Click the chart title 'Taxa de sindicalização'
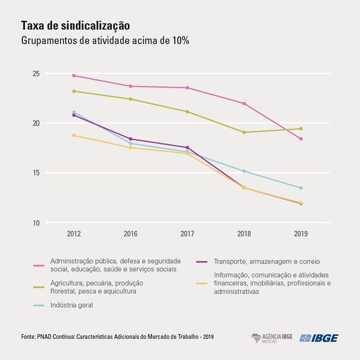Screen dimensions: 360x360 [x=75, y=26]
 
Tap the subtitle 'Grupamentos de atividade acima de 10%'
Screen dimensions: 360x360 [x=105, y=41]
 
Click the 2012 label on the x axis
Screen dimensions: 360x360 [x=74, y=234]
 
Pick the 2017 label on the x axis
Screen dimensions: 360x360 [x=187, y=234]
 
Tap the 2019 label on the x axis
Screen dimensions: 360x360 [x=301, y=234]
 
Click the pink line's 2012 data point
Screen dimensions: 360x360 [x=74, y=76]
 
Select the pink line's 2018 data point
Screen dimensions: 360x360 [x=244, y=103]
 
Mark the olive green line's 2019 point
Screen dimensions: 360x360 [x=301, y=129]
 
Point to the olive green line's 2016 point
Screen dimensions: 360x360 [x=130, y=99]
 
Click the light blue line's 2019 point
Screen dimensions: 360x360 [x=301, y=188]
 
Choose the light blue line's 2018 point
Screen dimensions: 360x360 [x=244, y=171]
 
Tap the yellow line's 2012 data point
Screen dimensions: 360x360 [x=74, y=136]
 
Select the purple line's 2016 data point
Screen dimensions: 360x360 [x=130, y=139]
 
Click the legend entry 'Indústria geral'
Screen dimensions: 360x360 [x=71, y=305]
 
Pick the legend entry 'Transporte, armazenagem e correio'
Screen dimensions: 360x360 [x=267, y=261]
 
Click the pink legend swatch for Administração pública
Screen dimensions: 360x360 [x=39, y=266]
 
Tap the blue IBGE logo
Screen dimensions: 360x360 [x=319, y=338]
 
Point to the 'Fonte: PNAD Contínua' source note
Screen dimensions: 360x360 [x=117, y=337]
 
